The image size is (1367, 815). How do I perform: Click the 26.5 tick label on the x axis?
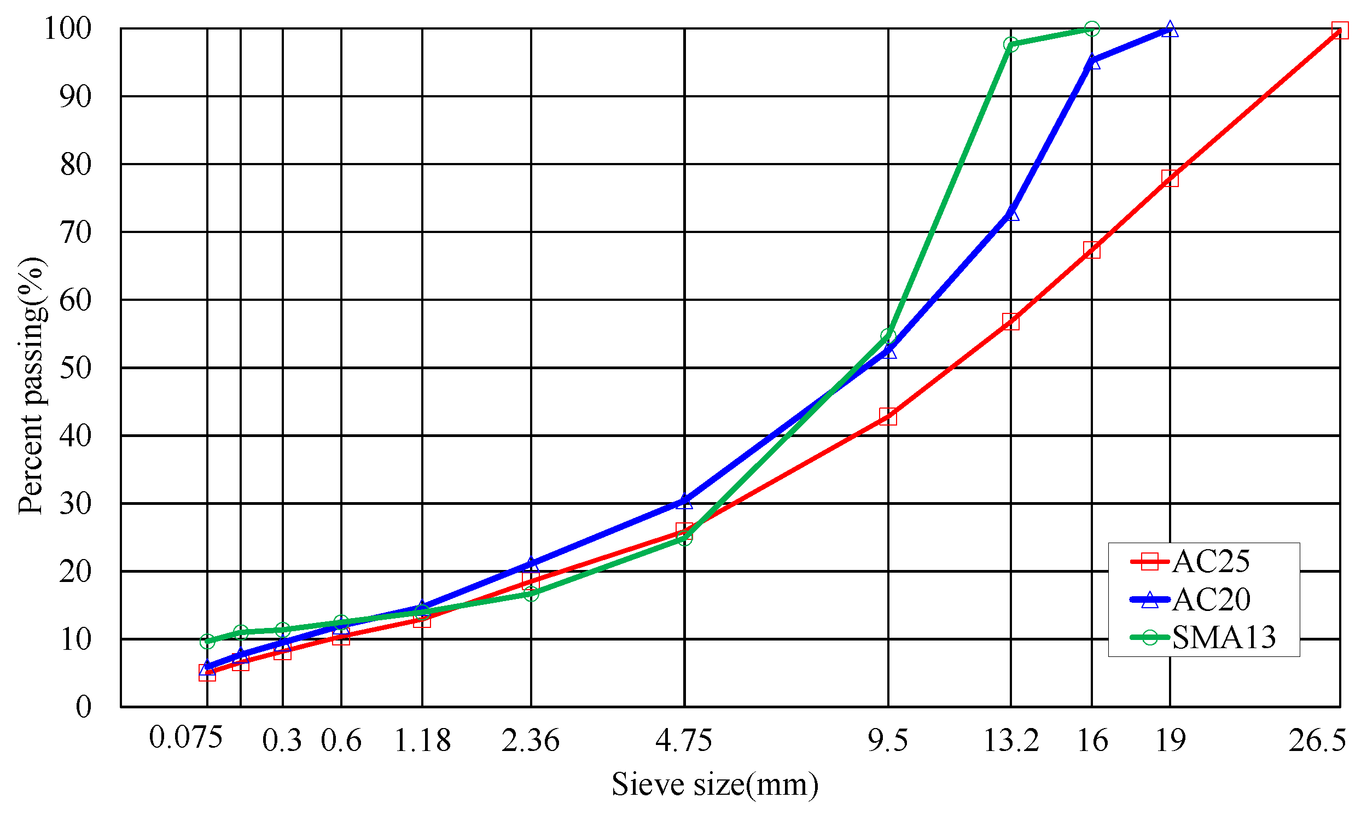pyautogui.click(x=1317, y=740)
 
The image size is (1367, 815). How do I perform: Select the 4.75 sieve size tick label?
pyautogui.click(x=684, y=740)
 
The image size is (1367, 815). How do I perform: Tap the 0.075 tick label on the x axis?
pyautogui.click(x=185, y=737)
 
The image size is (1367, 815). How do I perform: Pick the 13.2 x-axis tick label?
pyautogui.click(x=1010, y=740)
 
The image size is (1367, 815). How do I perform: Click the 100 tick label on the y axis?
pyautogui.click(x=67, y=28)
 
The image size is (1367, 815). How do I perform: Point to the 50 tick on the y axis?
pyautogui.click(x=75, y=368)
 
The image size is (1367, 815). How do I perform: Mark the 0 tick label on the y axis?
pyautogui.click(x=84, y=707)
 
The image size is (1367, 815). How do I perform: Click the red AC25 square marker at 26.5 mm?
pyautogui.click(x=1340, y=30)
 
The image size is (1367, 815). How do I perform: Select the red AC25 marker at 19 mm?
pyautogui.click(x=1170, y=178)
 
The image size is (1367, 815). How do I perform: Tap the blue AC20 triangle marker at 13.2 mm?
pyautogui.click(x=1010, y=213)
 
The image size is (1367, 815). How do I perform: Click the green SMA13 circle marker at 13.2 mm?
pyautogui.click(x=1010, y=44)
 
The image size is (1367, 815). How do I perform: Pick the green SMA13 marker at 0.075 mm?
pyautogui.click(x=207, y=641)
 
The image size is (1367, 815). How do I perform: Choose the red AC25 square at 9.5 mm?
pyautogui.click(x=887, y=417)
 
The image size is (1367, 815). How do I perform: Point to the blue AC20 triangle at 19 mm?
pyautogui.click(x=1170, y=29)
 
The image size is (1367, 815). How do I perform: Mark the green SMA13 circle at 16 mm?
pyautogui.click(x=1092, y=28)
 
